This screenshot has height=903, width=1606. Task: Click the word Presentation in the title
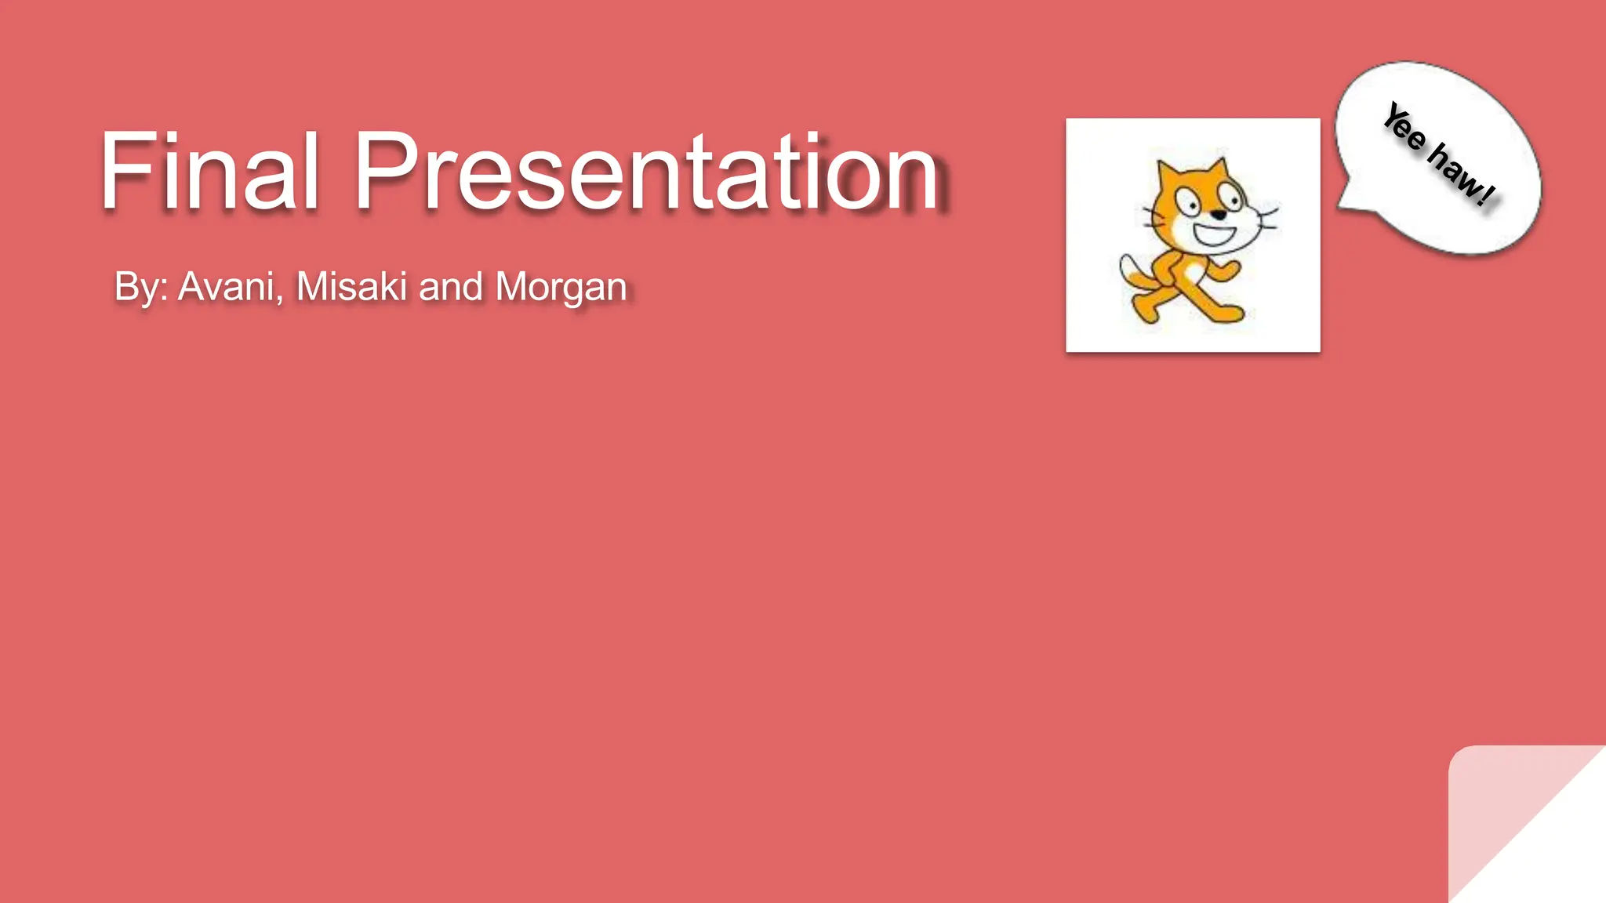tap(647, 171)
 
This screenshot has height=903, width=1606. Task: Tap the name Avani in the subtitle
tap(227, 287)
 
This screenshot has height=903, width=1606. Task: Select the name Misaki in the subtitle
tap(351, 287)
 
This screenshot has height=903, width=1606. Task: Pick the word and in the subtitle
tap(450, 287)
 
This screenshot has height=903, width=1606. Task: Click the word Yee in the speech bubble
tap(1404, 128)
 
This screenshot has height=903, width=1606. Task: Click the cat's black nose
tap(1218, 214)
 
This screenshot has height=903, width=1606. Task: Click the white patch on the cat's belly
tap(1193, 272)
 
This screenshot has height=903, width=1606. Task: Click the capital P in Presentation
tap(384, 171)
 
